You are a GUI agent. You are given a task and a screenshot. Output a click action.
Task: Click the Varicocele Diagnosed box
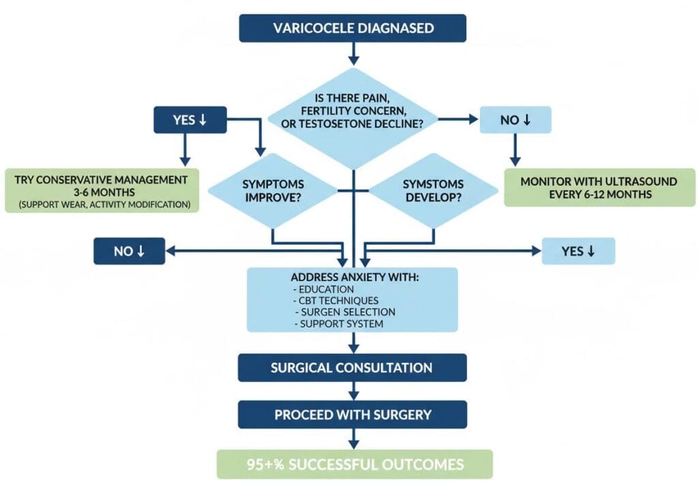(352, 29)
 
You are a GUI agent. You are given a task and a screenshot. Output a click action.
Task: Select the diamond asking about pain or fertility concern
(352, 113)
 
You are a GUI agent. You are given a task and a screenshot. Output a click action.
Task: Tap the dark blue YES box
(190, 119)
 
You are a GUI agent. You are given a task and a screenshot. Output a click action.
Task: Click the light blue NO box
(515, 119)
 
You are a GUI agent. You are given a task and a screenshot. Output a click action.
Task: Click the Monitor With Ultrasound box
(599, 187)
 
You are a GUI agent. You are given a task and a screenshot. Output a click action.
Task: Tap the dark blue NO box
(129, 251)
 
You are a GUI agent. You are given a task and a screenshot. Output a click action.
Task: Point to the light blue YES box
(578, 251)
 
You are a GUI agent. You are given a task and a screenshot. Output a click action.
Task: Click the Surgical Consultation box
(352, 368)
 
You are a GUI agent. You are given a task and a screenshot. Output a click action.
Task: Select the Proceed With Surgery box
(352, 415)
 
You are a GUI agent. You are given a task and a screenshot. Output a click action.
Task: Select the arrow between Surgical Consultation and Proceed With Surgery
(352, 391)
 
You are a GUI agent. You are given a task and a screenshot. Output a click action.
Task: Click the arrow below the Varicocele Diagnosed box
(352, 53)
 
